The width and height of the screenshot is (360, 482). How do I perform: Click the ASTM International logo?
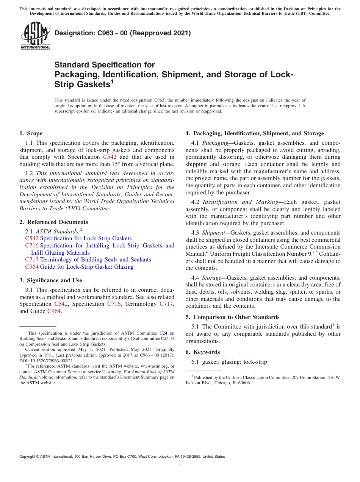(x=35, y=36)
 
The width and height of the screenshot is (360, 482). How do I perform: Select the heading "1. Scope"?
(x=31, y=133)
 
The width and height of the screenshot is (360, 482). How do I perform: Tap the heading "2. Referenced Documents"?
(x=53, y=222)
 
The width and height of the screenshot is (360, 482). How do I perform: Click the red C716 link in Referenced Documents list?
(x=32, y=246)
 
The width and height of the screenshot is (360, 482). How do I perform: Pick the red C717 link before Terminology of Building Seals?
(x=32, y=260)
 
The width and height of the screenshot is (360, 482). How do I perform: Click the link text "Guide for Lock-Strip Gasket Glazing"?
(x=86, y=267)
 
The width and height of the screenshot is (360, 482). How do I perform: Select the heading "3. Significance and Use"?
(x=50, y=280)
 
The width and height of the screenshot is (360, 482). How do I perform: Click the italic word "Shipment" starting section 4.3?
(x=213, y=233)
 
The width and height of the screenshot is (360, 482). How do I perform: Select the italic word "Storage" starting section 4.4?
(x=212, y=278)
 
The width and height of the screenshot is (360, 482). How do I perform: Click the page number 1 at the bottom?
(x=180, y=465)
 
